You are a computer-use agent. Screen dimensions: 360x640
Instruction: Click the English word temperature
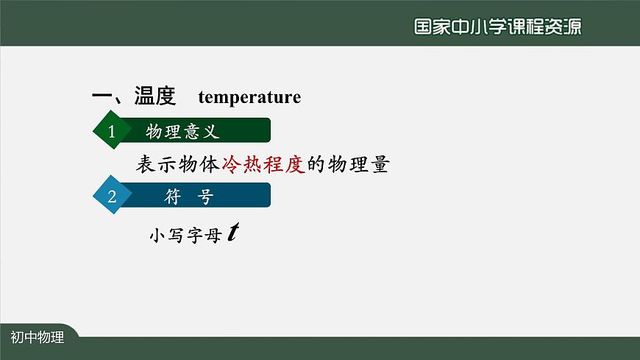[249, 97]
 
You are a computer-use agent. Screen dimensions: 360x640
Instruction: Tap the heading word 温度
[154, 96]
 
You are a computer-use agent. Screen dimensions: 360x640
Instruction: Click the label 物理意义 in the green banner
[182, 132]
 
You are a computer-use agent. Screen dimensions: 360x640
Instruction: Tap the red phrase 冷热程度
[263, 164]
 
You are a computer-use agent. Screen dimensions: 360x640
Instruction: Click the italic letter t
[232, 233]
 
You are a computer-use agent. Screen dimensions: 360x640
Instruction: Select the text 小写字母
[185, 236]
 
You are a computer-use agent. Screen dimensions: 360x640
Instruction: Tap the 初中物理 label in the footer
[38, 338]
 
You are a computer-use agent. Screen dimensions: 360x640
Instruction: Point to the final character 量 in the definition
[379, 164]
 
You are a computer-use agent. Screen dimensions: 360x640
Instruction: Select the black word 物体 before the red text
[200, 164]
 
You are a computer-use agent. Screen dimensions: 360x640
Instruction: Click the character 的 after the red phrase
[316, 164]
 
